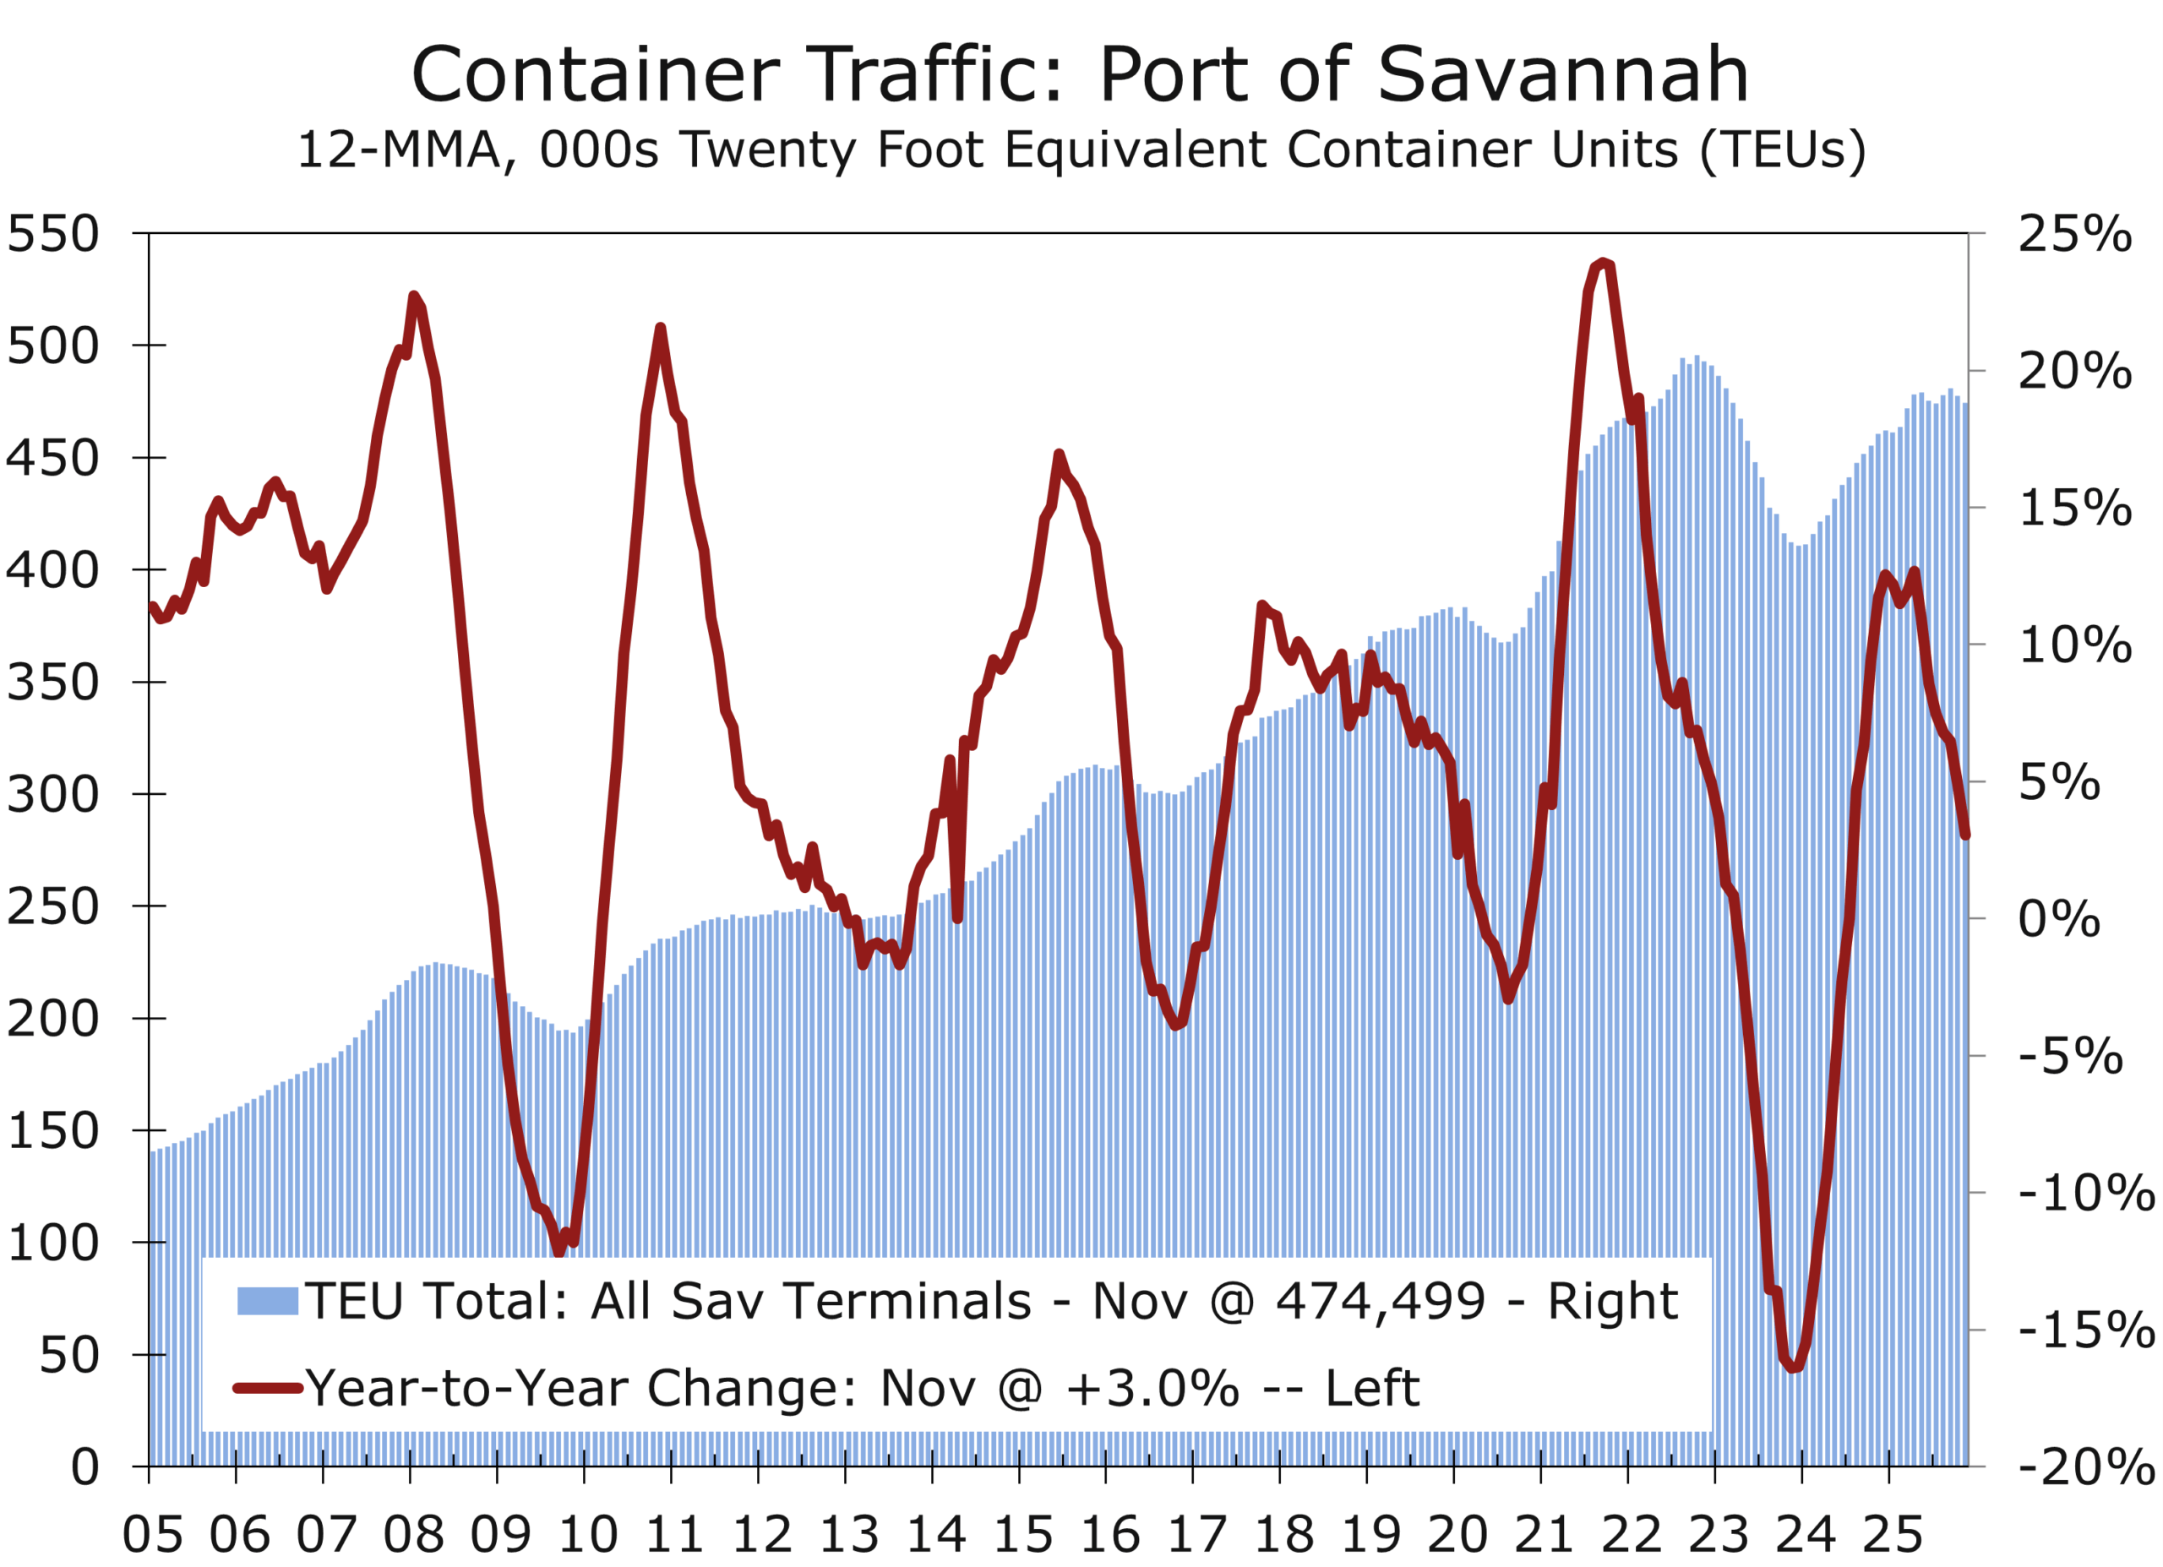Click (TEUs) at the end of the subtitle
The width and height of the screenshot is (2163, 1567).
1783,150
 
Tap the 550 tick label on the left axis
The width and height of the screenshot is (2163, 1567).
53,234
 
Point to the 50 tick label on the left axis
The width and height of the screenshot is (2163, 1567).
68,1355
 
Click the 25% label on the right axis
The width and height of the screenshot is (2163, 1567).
2074,234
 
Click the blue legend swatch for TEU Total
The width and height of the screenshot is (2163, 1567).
268,1301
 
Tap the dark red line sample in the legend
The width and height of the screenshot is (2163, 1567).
268,1389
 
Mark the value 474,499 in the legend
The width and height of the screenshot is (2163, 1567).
1380,1301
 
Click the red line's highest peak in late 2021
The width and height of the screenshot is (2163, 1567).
1605,261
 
